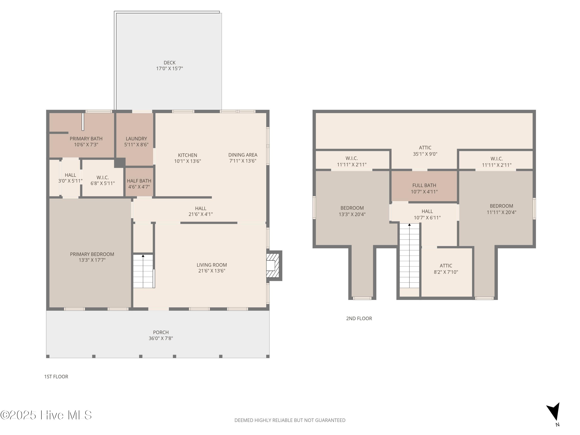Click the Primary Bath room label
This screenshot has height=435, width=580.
pos(86,139)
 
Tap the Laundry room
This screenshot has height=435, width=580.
pos(135,139)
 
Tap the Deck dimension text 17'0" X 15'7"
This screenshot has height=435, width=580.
pos(170,68)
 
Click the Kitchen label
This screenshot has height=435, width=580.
pos(188,155)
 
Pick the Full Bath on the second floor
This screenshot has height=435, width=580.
pos(424,186)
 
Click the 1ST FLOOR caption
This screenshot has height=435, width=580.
pos(56,377)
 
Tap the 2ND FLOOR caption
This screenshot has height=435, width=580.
pos(359,318)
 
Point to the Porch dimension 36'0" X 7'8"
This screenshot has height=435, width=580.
pos(161,338)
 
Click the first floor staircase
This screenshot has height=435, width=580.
pos(143,271)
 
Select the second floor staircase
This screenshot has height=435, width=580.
pos(409,256)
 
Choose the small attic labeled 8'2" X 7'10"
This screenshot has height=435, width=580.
pos(446,272)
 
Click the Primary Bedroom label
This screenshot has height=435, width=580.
pos(92,254)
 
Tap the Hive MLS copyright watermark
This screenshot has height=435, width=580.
pos(46,415)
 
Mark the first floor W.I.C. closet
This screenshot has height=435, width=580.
pos(102,178)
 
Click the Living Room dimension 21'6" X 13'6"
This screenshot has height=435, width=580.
pos(212,271)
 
